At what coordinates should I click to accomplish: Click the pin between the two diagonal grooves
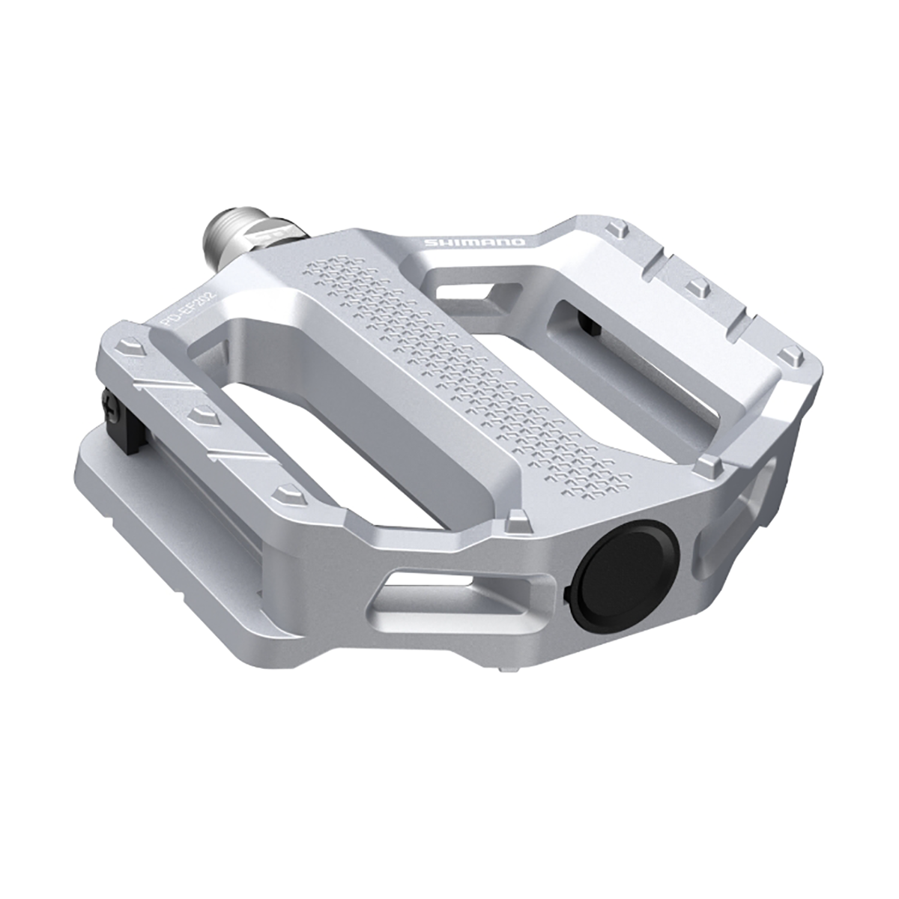pyautogui.click(x=202, y=414)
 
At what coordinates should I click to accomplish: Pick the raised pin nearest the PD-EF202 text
pyautogui.click(x=129, y=347)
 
